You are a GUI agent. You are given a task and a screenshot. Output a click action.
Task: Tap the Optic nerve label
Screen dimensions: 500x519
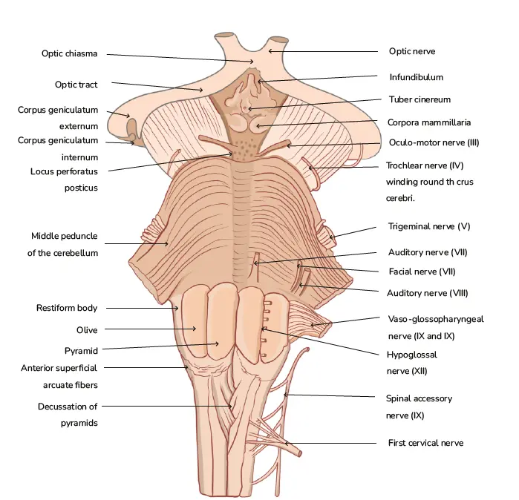[x=411, y=51]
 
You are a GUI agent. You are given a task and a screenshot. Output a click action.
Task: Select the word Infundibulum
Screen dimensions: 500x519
[x=416, y=76]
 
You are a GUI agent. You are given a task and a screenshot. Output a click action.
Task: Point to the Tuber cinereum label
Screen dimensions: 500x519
[x=420, y=99]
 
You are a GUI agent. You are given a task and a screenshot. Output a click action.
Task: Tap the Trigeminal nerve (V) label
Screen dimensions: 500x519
[x=428, y=226]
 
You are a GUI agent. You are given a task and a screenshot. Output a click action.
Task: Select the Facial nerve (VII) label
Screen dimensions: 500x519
[x=422, y=272]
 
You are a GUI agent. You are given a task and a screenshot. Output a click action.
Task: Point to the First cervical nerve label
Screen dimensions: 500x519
[x=425, y=443]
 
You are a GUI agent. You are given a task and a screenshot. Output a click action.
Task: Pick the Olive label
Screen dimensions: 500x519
[x=86, y=329]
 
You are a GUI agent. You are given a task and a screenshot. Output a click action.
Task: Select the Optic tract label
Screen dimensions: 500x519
[x=76, y=85]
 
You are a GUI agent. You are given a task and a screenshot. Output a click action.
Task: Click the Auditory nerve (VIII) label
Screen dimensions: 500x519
[x=428, y=293]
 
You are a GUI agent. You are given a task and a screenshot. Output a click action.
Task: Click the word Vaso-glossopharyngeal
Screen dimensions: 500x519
[x=436, y=319]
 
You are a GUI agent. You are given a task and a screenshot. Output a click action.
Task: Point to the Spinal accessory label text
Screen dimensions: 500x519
[x=419, y=398]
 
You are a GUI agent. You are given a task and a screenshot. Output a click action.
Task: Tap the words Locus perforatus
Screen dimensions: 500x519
[x=64, y=171]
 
